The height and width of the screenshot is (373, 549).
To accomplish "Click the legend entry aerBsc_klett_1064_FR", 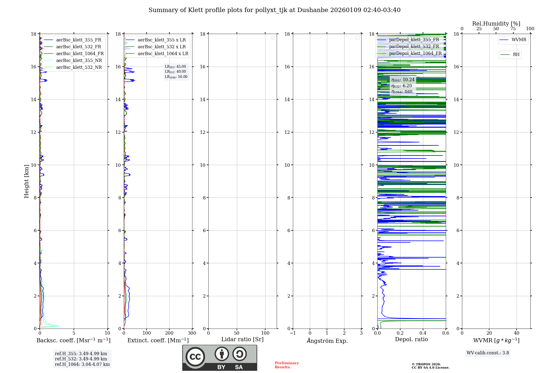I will tap(80, 53).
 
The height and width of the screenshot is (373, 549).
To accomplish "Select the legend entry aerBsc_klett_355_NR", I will tap(79, 60).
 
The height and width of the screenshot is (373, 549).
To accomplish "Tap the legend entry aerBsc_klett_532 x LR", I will tap(161, 47).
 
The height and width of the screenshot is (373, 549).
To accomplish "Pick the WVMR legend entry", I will tap(519, 40).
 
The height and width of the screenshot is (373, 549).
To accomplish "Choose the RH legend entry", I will tap(516, 55).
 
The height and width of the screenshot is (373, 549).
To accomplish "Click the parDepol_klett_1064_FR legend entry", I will tap(415, 53).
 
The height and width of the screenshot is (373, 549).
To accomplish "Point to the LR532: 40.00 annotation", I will tap(175, 72).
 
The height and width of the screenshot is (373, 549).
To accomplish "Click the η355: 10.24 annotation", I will tap(403, 80).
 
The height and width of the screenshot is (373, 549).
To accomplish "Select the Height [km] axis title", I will tap(26, 181).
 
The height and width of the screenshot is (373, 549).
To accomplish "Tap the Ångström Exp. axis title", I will tap(327, 341).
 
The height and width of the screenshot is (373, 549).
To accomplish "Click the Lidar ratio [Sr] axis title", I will tap(242, 339).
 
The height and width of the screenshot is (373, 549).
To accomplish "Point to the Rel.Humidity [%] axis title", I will tap(496, 24).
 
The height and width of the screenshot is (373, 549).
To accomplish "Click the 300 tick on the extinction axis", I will tap(192, 333).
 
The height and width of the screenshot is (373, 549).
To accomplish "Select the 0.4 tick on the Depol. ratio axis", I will tap(423, 333).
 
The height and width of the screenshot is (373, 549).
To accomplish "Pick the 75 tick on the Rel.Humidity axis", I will tap(513, 29).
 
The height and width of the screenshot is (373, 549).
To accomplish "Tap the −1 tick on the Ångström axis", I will tap(293, 333).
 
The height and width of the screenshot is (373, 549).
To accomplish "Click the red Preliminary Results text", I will tap(287, 365).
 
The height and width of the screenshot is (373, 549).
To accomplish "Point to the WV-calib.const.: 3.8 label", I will tap(488, 353).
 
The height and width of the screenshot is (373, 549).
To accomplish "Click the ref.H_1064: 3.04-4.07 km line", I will tap(82, 364).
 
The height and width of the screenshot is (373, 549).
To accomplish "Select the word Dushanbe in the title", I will tap(313, 10).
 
